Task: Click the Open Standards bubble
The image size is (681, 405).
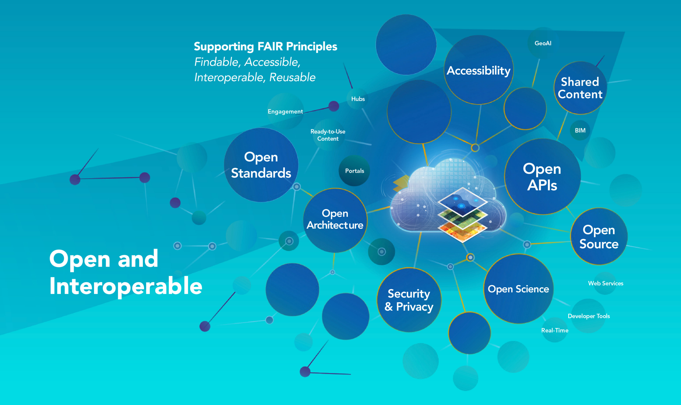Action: [x=261, y=165]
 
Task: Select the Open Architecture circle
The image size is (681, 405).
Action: [x=335, y=220]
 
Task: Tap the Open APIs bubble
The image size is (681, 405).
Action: [x=542, y=177]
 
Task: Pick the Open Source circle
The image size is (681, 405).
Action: [x=599, y=236]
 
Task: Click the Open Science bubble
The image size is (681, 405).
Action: [x=518, y=289]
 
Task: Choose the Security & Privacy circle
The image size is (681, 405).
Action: [x=409, y=300]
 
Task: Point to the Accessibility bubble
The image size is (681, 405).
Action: [x=479, y=70]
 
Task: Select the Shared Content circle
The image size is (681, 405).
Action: [x=580, y=88]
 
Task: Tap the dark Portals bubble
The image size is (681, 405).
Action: [x=354, y=171]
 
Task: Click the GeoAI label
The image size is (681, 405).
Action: [x=543, y=43]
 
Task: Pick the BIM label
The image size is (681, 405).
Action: [x=580, y=130]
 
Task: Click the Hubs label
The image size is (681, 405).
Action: [x=358, y=99]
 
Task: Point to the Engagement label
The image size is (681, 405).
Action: [x=285, y=111]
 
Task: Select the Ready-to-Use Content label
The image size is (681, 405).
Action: [x=328, y=135]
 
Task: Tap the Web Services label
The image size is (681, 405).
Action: [x=605, y=283]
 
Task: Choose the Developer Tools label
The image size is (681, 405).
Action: [x=589, y=316]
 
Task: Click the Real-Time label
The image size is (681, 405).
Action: [x=555, y=330]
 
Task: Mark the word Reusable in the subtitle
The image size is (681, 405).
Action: [x=292, y=77]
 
